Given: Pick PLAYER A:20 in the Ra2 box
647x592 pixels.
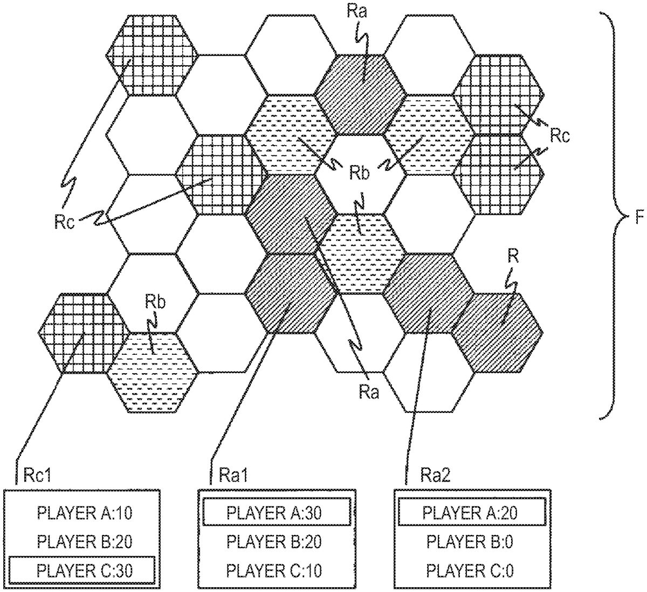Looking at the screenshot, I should pos(470,512).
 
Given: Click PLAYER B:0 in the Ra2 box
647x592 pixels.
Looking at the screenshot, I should pos(470,541).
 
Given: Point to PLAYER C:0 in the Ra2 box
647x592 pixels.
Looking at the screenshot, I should pos(470,569).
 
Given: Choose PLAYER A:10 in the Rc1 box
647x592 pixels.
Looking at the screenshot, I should pos(85,512).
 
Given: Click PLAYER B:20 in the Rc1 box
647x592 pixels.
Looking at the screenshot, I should pos(85,541).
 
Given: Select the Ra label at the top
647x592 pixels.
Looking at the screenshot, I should pos(357,12).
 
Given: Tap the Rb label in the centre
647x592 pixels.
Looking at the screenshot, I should pos(359,174).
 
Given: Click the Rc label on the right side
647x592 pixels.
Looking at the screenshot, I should pos(559,136).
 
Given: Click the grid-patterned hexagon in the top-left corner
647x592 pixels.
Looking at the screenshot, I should pos(152,55).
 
